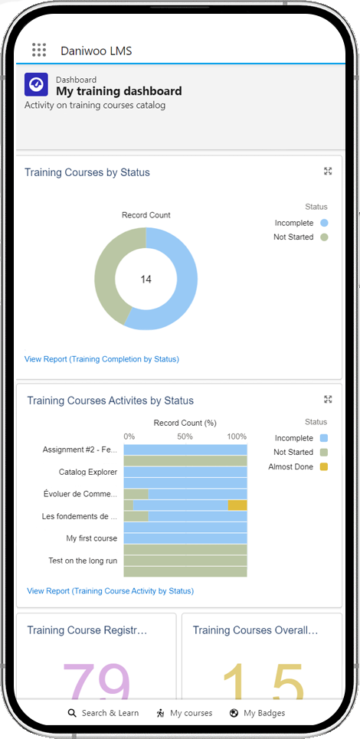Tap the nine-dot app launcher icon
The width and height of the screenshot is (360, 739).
[39, 51]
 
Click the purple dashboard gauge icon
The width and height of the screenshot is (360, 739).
[36, 85]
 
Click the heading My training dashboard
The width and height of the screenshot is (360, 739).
[119, 91]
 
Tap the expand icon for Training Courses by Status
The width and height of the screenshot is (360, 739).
[328, 172]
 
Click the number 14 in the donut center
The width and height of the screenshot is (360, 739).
[146, 280]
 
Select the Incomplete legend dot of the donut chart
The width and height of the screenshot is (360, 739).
[325, 223]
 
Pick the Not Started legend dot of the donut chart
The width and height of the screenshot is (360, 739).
[325, 237]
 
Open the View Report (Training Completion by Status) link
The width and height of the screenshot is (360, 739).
[102, 359]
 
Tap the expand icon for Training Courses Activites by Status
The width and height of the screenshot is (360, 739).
[328, 400]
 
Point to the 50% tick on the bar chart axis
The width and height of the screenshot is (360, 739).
[185, 437]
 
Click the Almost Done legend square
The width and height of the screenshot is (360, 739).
[325, 467]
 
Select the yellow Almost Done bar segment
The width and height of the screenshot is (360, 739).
[237, 505]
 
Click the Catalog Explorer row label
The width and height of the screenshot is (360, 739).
[88, 473]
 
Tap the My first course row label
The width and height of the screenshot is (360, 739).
[92, 538]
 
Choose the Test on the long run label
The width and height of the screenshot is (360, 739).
[83, 561]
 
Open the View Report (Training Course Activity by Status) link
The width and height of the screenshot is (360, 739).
[110, 591]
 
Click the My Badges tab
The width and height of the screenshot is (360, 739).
[257, 713]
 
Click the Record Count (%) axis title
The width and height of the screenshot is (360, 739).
[185, 423]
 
